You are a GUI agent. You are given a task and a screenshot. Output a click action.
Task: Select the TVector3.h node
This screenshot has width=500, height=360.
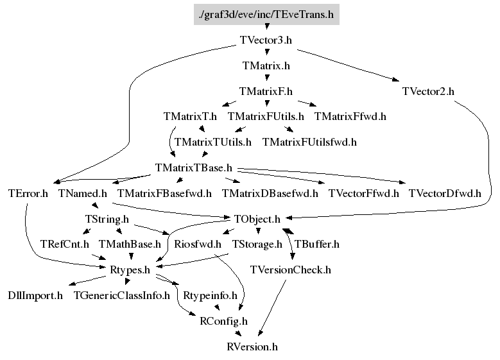pyautogui.click(x=266, y=40)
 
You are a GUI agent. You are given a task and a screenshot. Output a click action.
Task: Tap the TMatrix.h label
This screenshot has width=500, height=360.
pyautogui.click(x=266, y=65)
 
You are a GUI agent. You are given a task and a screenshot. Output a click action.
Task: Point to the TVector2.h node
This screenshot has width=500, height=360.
pyautogui.click(x=428, y=91)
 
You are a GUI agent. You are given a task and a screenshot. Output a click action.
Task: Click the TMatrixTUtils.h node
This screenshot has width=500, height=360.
pyautogui.click(x=212, y=141)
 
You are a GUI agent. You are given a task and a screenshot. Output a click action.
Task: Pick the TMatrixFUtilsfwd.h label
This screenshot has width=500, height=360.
pyautogui.click(x=309, y=141)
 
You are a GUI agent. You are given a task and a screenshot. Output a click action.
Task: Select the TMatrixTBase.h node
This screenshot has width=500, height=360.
pyautogui.click(x=193, y=167)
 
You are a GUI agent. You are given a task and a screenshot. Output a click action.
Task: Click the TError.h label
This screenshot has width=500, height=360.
pyautogui.click(x=28, y=193)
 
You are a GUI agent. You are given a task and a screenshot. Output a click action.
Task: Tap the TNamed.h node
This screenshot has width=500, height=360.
pyautogui.click(x=82, y=193)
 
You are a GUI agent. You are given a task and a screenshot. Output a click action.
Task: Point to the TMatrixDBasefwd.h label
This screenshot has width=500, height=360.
pyautogui.click(x=270, y=193)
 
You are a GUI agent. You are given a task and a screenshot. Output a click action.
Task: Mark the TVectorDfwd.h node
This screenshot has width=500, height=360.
pyautogui.click(x=445, y=193)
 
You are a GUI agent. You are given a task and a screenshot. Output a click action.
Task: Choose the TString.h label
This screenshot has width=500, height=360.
pyautogui.click(x=107, y=219)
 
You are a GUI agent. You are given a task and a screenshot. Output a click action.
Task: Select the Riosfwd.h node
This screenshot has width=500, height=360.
pyautogui.click(x=198, y=244)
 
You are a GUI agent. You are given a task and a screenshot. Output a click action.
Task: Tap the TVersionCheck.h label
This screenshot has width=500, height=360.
pyautogui.click(x=291, y=270)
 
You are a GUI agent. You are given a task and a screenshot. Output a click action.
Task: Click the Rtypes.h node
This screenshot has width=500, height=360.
pyautogui.click(x=129, y=270)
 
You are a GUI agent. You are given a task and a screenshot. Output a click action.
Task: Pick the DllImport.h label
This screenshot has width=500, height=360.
pyautogui.click(x=35, y=296)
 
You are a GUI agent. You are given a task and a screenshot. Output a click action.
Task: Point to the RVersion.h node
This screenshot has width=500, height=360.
pyautogui.click(x=252, y=347)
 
